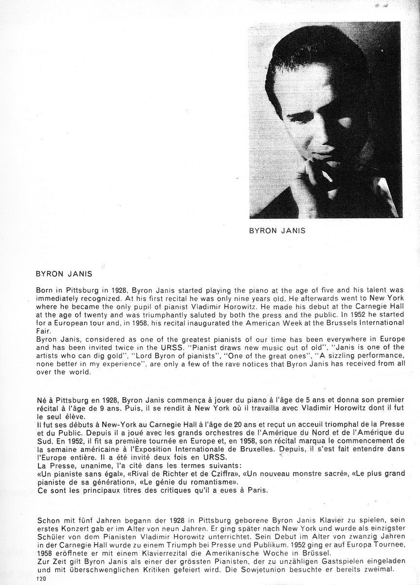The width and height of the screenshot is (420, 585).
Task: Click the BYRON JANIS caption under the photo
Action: [x=277, y=231]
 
